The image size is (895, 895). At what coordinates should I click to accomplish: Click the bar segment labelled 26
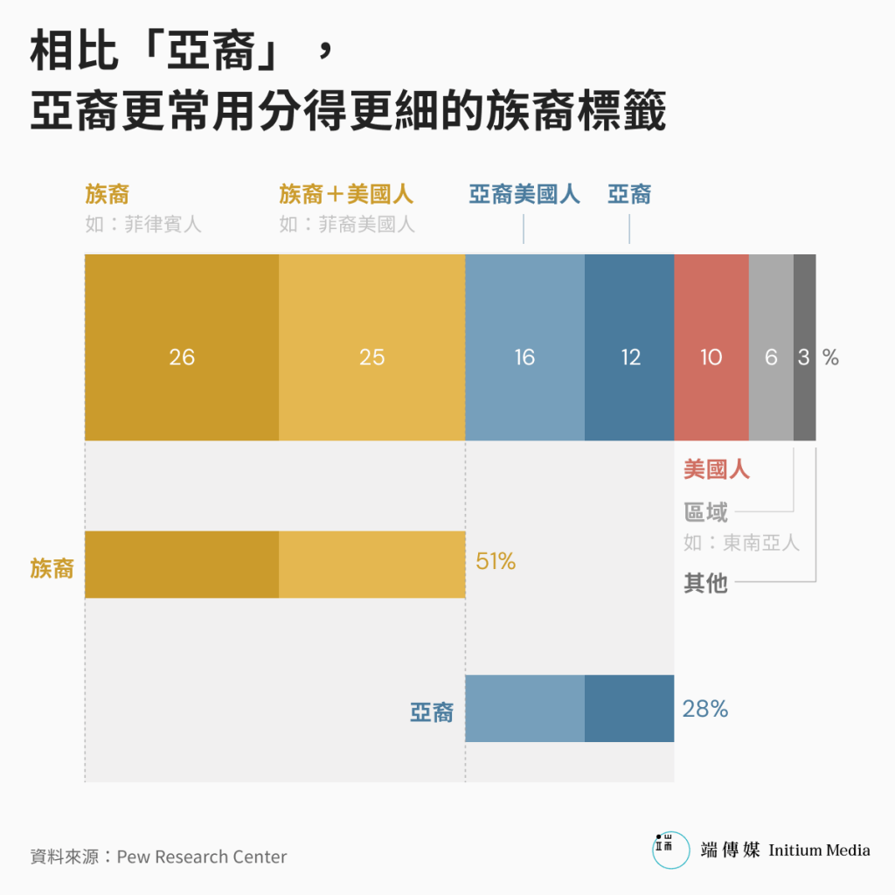(182, 348)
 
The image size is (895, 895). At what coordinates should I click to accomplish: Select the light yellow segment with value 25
(371, 348)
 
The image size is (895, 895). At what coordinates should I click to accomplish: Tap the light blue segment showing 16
(524, 348)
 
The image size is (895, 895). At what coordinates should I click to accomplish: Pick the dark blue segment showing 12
(629, 348)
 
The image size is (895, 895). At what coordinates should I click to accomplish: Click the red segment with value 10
(711, 348)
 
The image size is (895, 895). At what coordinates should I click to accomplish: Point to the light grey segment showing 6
(771, 348)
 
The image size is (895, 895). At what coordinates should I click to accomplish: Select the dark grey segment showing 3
(804, 348)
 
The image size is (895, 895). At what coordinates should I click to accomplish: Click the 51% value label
(496, 562)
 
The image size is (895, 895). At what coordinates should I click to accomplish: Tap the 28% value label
(705, 709)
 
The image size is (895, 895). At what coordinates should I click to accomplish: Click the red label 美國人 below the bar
(717, 470)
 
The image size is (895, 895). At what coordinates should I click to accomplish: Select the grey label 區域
(705, 512)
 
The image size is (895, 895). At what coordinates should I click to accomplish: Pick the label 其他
(705, 583)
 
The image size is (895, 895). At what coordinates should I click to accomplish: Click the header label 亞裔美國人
(524, 194)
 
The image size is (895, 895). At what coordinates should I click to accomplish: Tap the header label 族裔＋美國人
(346, 194)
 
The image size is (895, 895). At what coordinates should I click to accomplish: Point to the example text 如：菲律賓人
(143, 225)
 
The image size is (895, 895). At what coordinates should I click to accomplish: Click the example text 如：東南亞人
(741, 543)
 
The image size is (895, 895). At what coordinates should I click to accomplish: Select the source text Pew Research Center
(201, 857)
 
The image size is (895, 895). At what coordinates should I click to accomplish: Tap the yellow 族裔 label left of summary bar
(52, 569)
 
